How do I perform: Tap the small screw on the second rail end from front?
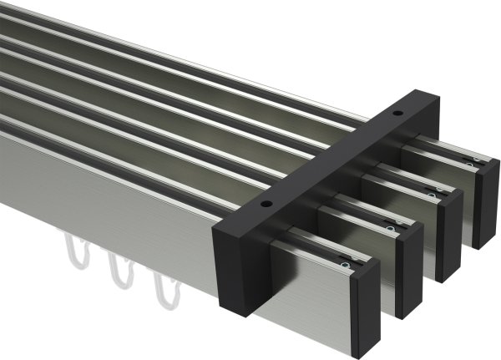tap(390, 226)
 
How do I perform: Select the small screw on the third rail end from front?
tap(432, 195)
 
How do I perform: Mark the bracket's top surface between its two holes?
tap(334, 158)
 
